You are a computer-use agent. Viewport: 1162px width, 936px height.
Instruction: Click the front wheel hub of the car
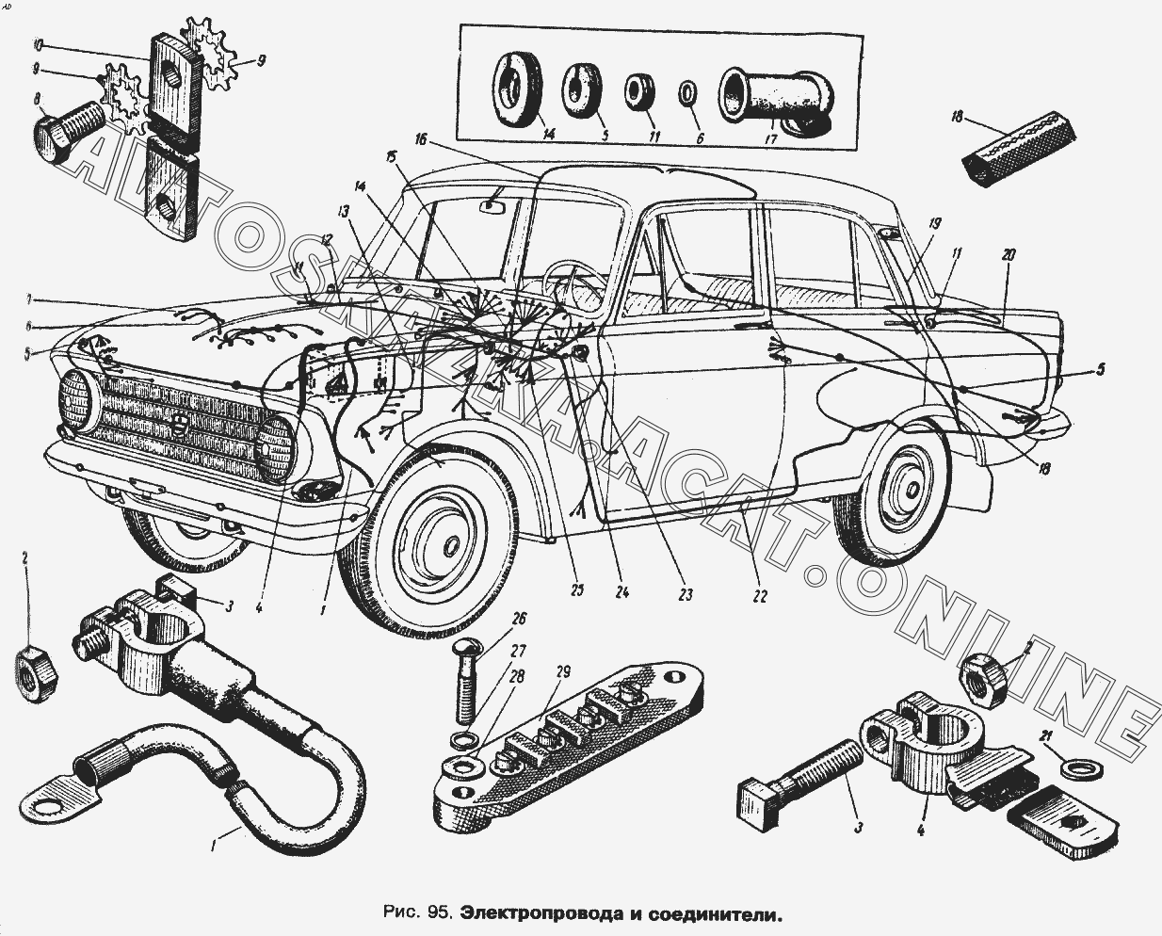449,545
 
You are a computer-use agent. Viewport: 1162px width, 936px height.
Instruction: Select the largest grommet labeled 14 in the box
516,86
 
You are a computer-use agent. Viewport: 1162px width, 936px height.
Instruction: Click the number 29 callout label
562,671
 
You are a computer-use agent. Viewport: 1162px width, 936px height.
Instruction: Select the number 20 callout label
1009,255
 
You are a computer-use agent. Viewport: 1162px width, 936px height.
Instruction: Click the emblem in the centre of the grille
182,426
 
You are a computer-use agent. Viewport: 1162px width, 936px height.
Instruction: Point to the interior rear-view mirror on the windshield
494,204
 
